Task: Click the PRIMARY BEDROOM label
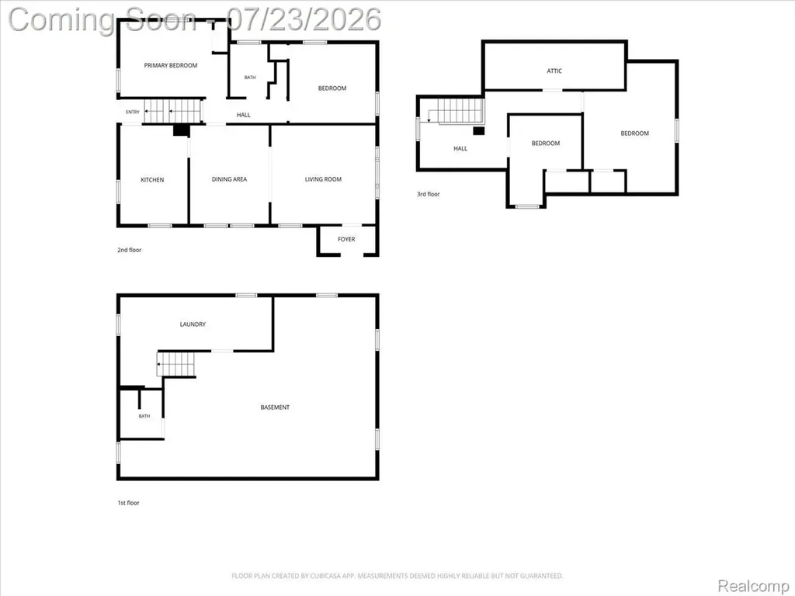click(170, 65)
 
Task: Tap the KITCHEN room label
click(152, 180)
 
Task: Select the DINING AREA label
click(229, 179)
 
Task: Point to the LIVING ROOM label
click(323, 179)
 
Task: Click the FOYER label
click(346, 239)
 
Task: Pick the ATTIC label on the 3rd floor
click(554, 71)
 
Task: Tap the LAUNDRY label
click(193, 324)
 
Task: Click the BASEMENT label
click(275, 407)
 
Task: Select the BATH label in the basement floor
click(144, 416)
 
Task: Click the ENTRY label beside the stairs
click(132, 112)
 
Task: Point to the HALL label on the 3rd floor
click(460, 148)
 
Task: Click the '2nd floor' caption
click(130, 250)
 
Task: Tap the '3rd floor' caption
click(429, 194)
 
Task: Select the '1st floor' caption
click(128, 503)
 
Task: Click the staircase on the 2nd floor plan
click(173, 111)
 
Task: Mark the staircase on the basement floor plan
click(175, 364)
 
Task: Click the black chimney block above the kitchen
click(181, 130)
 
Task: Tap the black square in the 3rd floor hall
click(478, 130)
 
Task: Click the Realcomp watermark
click(753, 586)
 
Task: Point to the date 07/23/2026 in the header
click(304, 19)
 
